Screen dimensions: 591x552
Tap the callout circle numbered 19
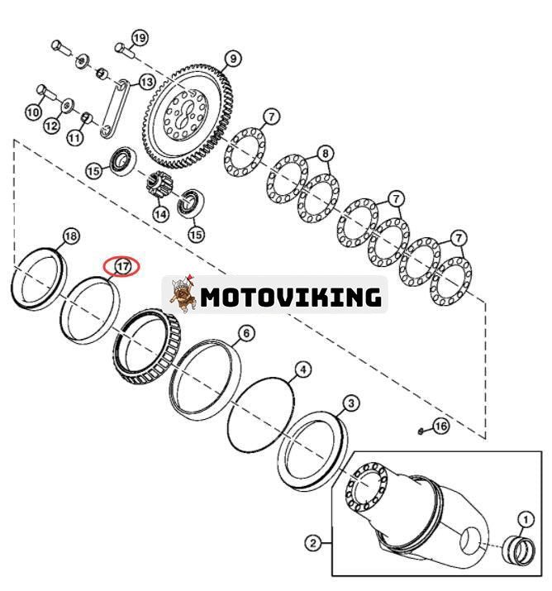(139, 38)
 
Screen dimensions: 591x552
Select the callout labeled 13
(146, 82)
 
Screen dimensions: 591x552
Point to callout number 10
(33, 112)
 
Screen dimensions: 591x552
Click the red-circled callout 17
(122, 266)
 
